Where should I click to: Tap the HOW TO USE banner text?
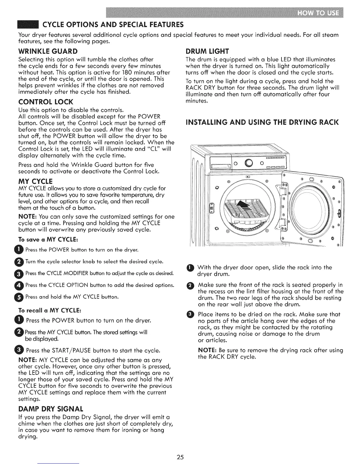click(x=318, y=14)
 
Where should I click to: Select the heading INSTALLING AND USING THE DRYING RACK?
click(x=263, y=122)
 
